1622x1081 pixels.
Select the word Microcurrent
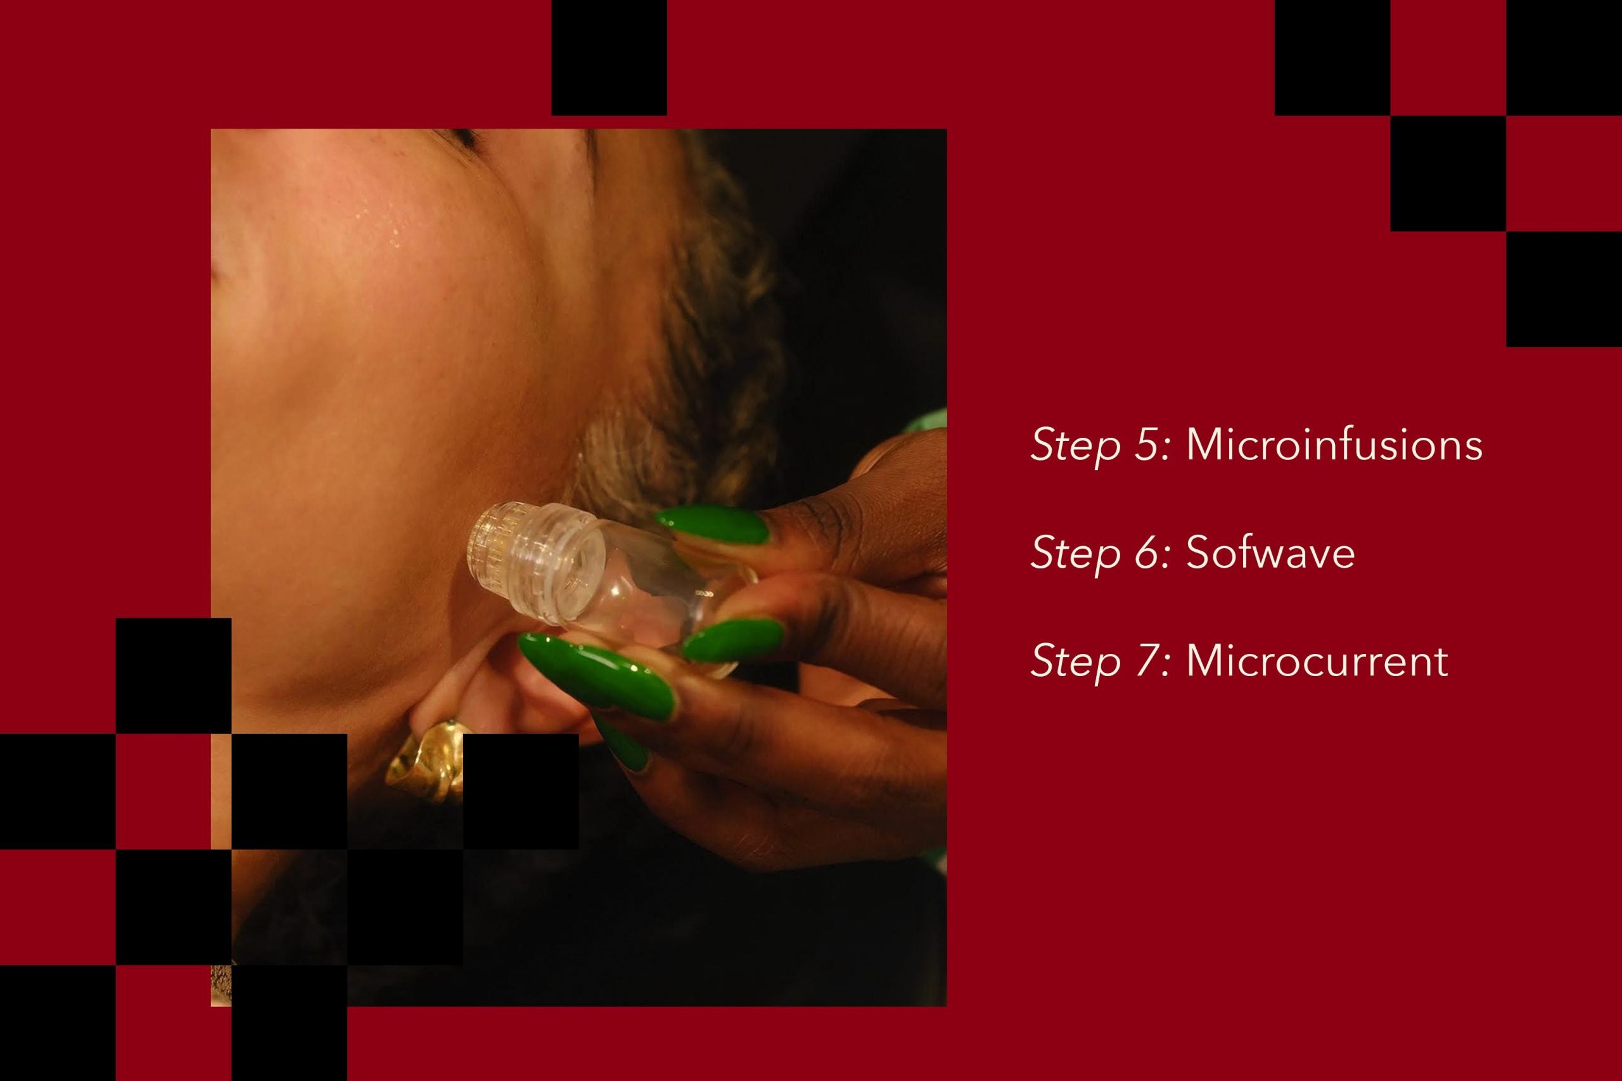[x=1317, y=660]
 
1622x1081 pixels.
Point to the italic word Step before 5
[x=1075, y=447]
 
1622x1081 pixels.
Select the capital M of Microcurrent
[x=1205, y=660]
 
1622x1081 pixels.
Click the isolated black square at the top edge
[x=609, y=57]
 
